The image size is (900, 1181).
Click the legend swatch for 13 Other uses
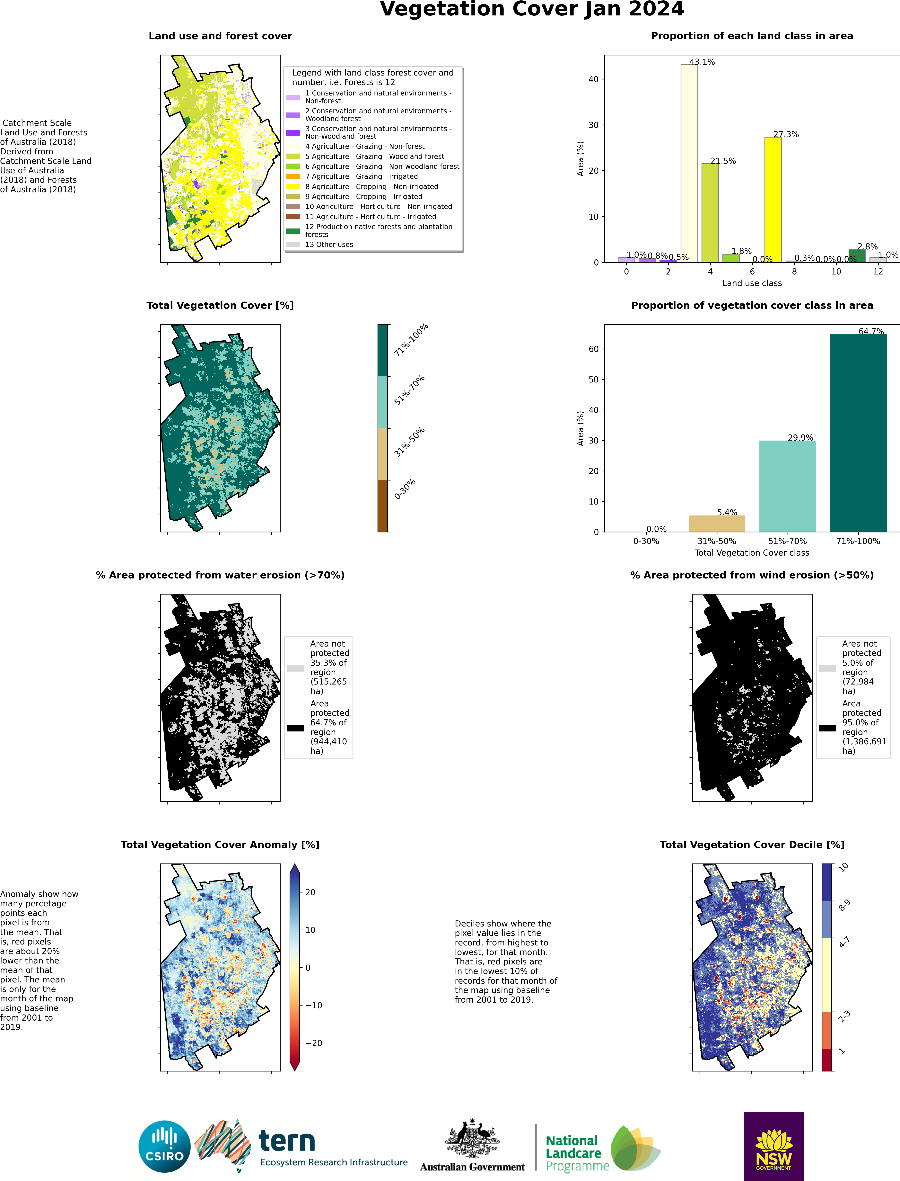(293, 244)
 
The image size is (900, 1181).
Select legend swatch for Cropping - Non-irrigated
(293, 186)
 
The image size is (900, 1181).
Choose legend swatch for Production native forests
(293, 231)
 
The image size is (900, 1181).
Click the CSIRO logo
(164, 1147)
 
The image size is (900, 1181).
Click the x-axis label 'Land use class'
(752, 283)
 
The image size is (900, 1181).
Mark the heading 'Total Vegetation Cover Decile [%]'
(752, 845)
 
